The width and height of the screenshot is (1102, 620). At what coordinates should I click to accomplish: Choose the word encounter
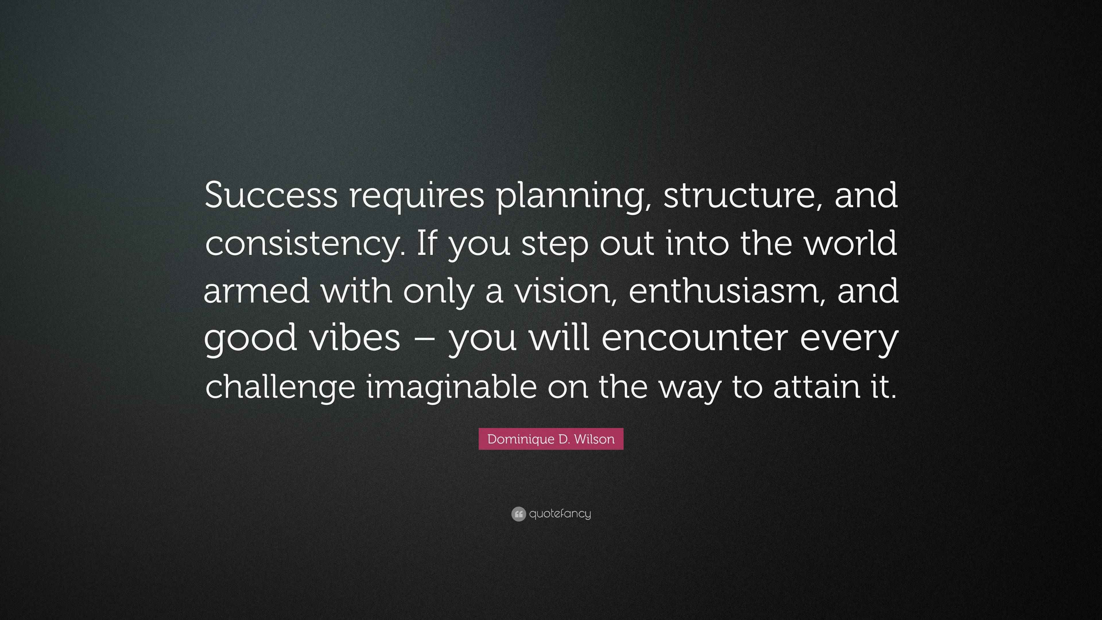[695, 338]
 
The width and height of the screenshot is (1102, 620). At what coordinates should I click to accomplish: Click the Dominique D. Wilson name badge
[551, 439]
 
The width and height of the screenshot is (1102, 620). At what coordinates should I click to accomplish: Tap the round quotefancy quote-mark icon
[518, 514]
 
